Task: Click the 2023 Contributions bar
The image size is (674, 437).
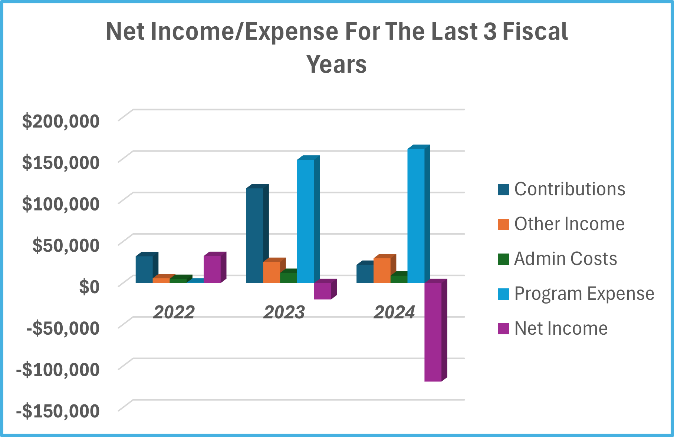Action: tap(254, 235)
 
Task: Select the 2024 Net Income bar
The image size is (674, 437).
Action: tap(433, 332)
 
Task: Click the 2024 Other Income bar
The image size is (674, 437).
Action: tap(382, 271)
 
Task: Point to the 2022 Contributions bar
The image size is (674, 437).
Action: tap(144, 269)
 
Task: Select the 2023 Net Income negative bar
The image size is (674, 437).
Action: tap(322, 291)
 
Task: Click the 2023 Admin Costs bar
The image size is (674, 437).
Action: tap(288, 278)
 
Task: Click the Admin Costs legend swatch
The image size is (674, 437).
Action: tap(503, 259)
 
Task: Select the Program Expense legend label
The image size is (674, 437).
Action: tap(584, 294)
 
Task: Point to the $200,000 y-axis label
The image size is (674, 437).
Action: tap(61, 121)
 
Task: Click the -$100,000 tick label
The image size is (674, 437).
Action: tap(58, 370)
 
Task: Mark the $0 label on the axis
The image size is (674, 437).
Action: tap(89, 287)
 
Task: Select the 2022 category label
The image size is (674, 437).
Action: tap(174, 312)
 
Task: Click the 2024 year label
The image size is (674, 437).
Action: tap(394, 312)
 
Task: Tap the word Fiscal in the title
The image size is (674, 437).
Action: tap(535, 32)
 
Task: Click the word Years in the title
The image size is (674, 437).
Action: tap(336, 64)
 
